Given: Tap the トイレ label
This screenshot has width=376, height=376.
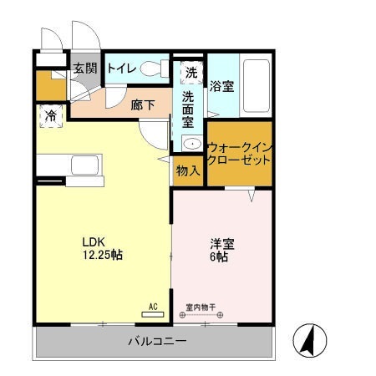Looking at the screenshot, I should click(x=122, y=68).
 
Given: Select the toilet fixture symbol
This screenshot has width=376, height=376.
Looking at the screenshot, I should click(x=153, y=69).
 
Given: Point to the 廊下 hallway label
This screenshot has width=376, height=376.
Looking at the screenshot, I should click(x=142, y=105).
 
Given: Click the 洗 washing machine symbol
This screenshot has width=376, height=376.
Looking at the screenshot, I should click(x=192, y=73).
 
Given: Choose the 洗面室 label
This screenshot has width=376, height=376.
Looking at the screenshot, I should click(x=188, y=109).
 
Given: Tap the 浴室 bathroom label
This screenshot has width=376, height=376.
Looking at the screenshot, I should click(x=221, y=85).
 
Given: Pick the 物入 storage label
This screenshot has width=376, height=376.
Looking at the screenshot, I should click(x=187, y=170).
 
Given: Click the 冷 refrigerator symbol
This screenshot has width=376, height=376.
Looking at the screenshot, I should click(x=51, y=116).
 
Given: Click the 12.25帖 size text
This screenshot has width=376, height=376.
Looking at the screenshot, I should click(x=101, y=255).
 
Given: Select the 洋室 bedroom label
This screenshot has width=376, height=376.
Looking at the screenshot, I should click(x=221, y=244).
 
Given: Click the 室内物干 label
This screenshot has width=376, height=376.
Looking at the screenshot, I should click(x=201, y=307).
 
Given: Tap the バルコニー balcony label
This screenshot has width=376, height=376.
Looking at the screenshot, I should click(x=157, y=342).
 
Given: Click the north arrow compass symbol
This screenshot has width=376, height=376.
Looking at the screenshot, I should click(x=308, y=338).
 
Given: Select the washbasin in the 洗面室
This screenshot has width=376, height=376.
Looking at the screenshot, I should click(x=191, y=144).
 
